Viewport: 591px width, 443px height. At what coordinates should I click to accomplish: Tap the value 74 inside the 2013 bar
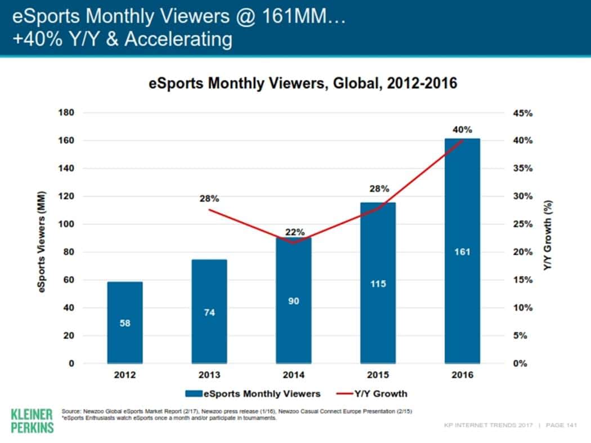tap(209, 313)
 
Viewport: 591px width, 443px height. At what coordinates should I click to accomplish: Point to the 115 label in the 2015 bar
tap(378, 284)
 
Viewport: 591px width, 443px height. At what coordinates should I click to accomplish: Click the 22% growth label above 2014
tap(294, 232)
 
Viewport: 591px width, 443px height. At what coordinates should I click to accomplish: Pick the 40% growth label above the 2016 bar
tap(462, 130)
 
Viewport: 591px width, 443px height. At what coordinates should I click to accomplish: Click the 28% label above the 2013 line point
tap(209, 198)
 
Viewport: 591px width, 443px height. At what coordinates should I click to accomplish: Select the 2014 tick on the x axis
tap(293, 375)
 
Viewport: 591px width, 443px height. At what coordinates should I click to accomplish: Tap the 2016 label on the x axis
tap(462, 375)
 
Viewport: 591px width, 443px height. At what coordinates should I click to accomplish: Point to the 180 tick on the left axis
tap(66, 113)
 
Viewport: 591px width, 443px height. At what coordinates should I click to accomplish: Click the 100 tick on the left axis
tap(66, 224)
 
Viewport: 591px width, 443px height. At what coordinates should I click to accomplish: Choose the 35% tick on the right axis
tap(522, 169)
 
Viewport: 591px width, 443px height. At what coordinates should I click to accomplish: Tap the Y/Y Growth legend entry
tap(373, 393)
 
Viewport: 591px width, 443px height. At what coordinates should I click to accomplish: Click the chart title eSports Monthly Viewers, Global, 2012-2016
tap(303, 84)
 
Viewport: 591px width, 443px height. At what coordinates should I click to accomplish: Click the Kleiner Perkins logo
tap(32, 420)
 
